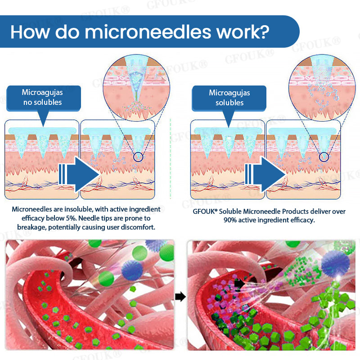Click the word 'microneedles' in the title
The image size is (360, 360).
pos(148,32)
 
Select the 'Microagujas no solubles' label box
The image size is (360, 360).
pos(44,98)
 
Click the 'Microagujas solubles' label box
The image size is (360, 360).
pos(229,98)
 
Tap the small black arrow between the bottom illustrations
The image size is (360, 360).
pos(180,297)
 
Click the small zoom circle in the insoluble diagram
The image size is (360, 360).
pos(138,153)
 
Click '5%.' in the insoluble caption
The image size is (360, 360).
pos(71,218)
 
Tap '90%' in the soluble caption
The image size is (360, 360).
pos(230,220)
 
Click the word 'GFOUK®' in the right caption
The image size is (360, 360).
pos(205,211)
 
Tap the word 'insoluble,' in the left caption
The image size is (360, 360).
pos(78,209)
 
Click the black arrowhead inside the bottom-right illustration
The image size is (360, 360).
pos(239,284)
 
